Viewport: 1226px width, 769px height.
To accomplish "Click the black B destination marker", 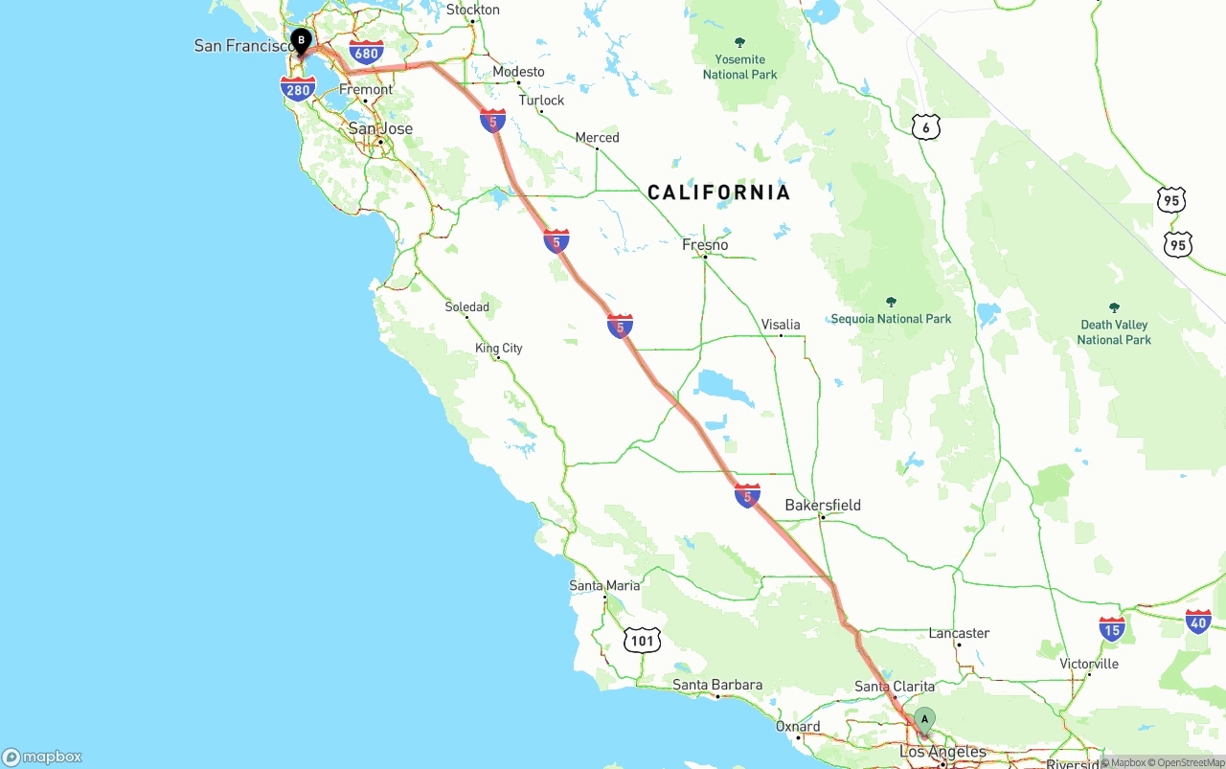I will [301, 40].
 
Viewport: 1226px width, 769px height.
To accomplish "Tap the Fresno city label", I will [705, 245].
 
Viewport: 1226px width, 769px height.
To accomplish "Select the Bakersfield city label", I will [822, 505].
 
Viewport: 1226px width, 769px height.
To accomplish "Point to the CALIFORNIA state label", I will [719, 192].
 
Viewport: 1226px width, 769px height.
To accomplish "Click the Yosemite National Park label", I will [739, 66].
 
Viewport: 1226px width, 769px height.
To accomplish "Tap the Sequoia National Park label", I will [891, 318].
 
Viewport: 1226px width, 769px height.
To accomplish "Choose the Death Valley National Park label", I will [1114, 331].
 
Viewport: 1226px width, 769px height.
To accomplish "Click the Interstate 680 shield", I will [366, 53].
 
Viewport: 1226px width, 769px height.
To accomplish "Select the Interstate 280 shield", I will [298, 90].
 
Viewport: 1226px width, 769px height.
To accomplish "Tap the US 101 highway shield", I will [642, 641].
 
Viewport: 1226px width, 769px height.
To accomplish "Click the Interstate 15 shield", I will [1112, 629].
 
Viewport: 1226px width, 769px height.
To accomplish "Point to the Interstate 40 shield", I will [1198, 622].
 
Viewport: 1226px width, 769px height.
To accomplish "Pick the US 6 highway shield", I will [925, 127].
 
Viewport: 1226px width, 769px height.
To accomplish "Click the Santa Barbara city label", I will [717, 685].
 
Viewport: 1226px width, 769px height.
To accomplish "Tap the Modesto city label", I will [518, 72].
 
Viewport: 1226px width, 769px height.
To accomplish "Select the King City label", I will [499, 349].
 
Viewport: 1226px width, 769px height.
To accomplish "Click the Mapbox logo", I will [42, 757].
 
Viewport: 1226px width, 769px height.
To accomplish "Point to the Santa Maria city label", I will [604, 585].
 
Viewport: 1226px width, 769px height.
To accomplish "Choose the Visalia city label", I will [781, 325].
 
